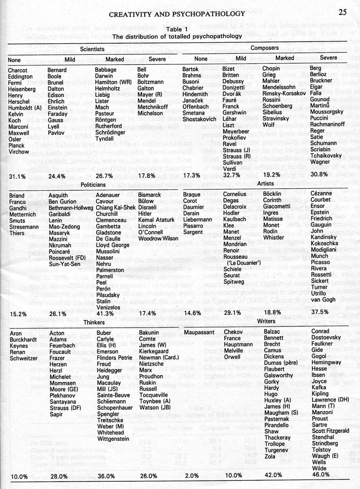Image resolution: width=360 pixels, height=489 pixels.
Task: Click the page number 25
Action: coord(342,12)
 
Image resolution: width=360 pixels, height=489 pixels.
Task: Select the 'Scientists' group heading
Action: coord(92,48)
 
